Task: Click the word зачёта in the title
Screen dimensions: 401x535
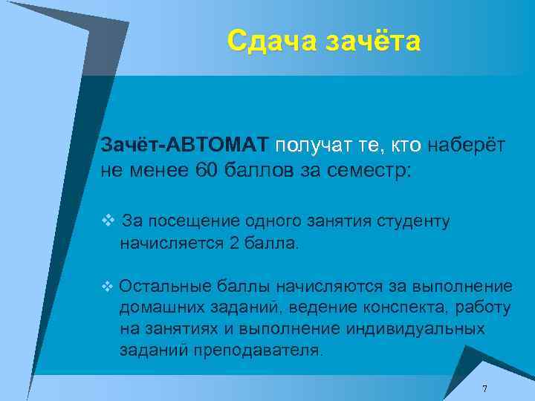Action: click(x=372, y=41)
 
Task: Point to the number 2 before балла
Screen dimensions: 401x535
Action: click(x=235, y=243)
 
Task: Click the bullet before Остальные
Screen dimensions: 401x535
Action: click(x=108, y=285)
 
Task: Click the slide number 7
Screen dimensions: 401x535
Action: click(x=484, y=389)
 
